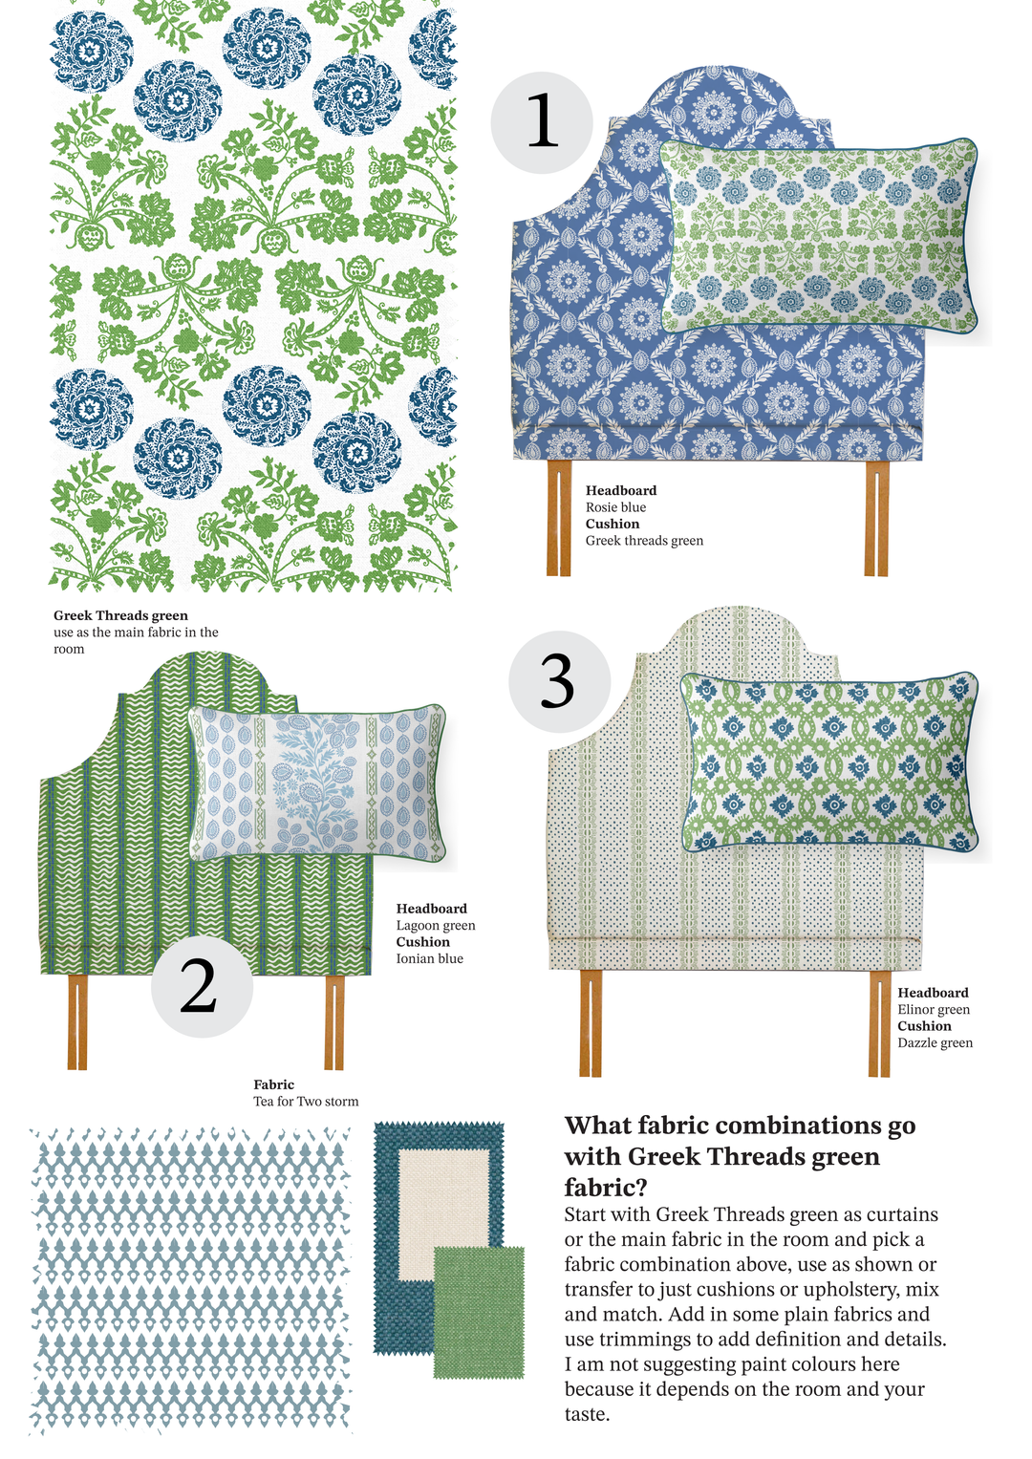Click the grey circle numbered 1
[542, 122]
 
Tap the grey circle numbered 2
[202, 986]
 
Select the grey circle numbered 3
[560, 681]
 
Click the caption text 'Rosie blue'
[615, 507]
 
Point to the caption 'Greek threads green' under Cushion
[644, 541]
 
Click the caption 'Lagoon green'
[436, 926]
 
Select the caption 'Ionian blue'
[430, 958]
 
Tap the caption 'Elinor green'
[934, 1010]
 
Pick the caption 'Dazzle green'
[935, 1042]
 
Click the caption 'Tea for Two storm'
[306, 1102]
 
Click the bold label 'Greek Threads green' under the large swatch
[120, 615]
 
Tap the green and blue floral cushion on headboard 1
[820, 236]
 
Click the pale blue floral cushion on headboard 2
[317, 783]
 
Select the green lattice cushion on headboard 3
[828, 761]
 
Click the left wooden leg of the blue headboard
[558, 518]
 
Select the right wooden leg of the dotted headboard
[879, 1023]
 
